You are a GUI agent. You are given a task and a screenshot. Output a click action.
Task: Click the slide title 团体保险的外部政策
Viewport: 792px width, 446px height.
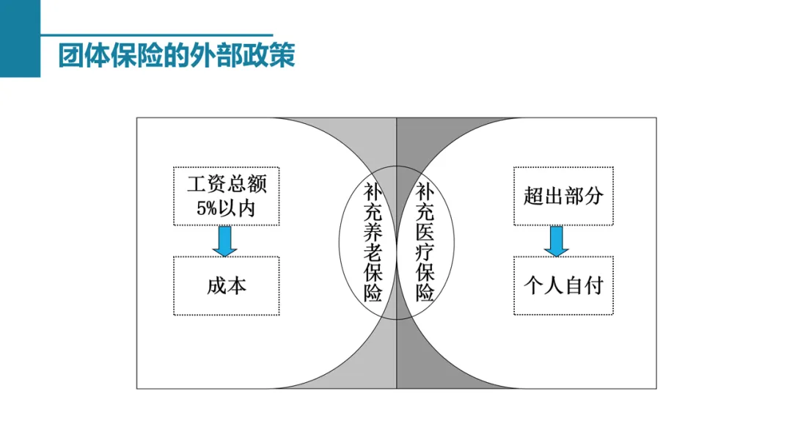(x=177, y=56)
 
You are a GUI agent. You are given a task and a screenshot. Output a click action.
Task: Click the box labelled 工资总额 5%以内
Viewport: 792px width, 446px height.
(x=226, y=196)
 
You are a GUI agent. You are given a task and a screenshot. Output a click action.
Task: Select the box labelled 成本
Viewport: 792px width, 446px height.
(x=226, y=285)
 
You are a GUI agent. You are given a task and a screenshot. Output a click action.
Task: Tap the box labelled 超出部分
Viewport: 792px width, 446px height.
(x=563, y=196)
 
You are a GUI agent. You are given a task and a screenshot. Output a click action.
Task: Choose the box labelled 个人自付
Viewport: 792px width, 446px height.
(x=563, y=285)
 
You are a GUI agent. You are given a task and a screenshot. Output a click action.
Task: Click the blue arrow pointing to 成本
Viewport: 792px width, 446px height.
(x=224, y=241)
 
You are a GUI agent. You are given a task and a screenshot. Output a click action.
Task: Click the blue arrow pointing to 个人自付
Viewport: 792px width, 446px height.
(x=557, y=241)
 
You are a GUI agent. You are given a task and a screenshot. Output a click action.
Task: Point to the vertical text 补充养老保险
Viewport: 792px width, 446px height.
(x=373, y=243)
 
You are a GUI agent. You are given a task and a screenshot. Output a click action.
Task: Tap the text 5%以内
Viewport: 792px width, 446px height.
(x=226, y=208)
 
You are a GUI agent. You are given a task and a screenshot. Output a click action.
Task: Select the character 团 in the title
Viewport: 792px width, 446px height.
(x=71, y=56)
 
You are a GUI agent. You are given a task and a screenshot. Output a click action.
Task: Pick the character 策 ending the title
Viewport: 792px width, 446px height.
(x=283, y=56)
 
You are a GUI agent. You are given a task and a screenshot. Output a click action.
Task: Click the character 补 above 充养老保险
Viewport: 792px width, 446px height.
(x=373, y=193)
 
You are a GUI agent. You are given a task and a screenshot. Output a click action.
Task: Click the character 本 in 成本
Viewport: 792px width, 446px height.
(x=237, y=285)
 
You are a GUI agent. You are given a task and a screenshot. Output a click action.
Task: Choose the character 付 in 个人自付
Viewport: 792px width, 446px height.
(x=593, y=285)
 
